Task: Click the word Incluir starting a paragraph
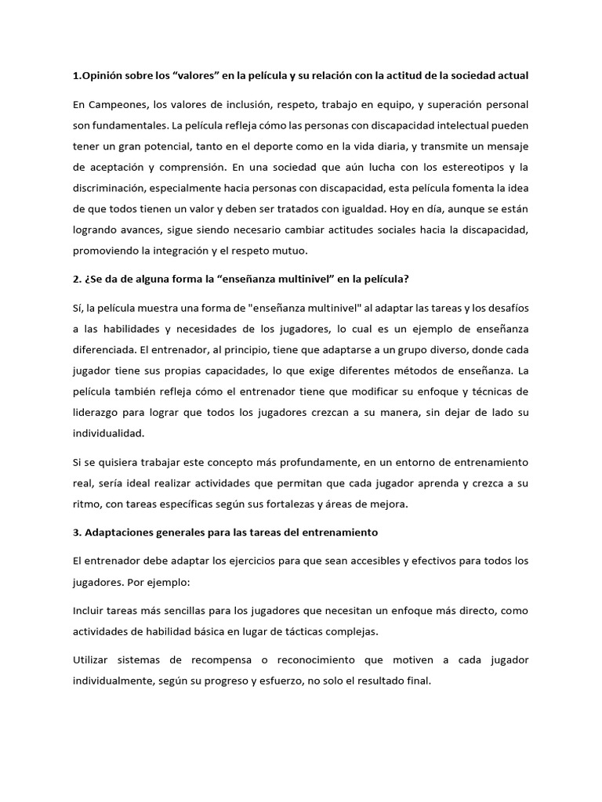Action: click(89, 610)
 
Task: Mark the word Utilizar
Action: click(93, 660)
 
